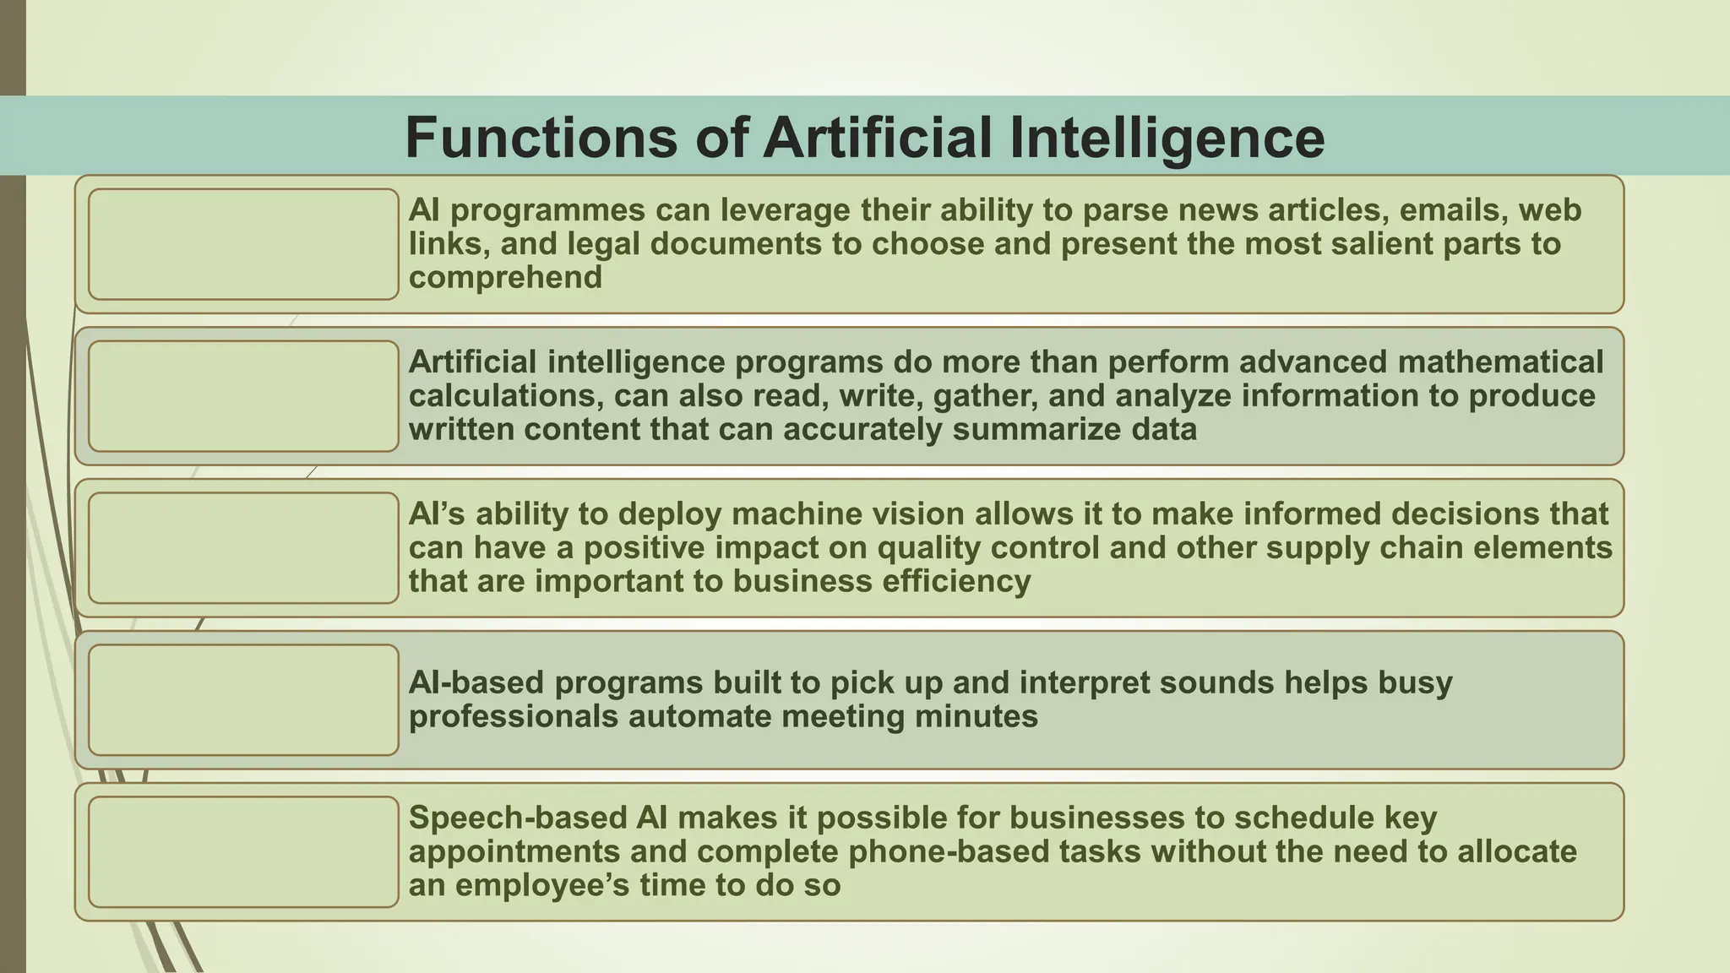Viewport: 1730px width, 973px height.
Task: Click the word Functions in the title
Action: coord(541,138)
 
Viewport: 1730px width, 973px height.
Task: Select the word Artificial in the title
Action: coord(878,138)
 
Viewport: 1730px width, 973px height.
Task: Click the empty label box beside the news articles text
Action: coord(243,244)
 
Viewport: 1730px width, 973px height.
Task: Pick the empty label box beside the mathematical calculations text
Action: coord(243,396)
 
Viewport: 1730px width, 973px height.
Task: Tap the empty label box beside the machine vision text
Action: coord(243,548)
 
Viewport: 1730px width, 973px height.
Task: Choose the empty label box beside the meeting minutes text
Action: coord(243,700)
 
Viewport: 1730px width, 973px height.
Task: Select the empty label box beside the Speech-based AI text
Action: coord(243,852)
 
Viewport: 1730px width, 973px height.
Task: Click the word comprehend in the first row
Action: coord(505,278)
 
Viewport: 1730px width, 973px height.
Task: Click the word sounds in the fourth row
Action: coord(1212,682)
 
